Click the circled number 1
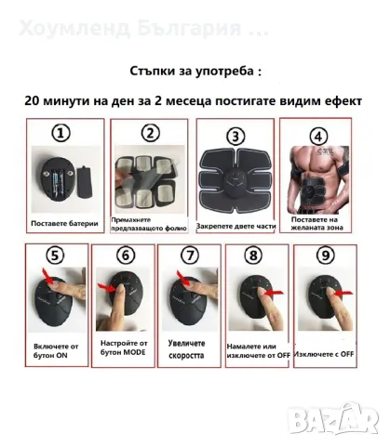(61, 135)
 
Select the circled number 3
(237, 137)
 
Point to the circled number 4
(319, 135)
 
